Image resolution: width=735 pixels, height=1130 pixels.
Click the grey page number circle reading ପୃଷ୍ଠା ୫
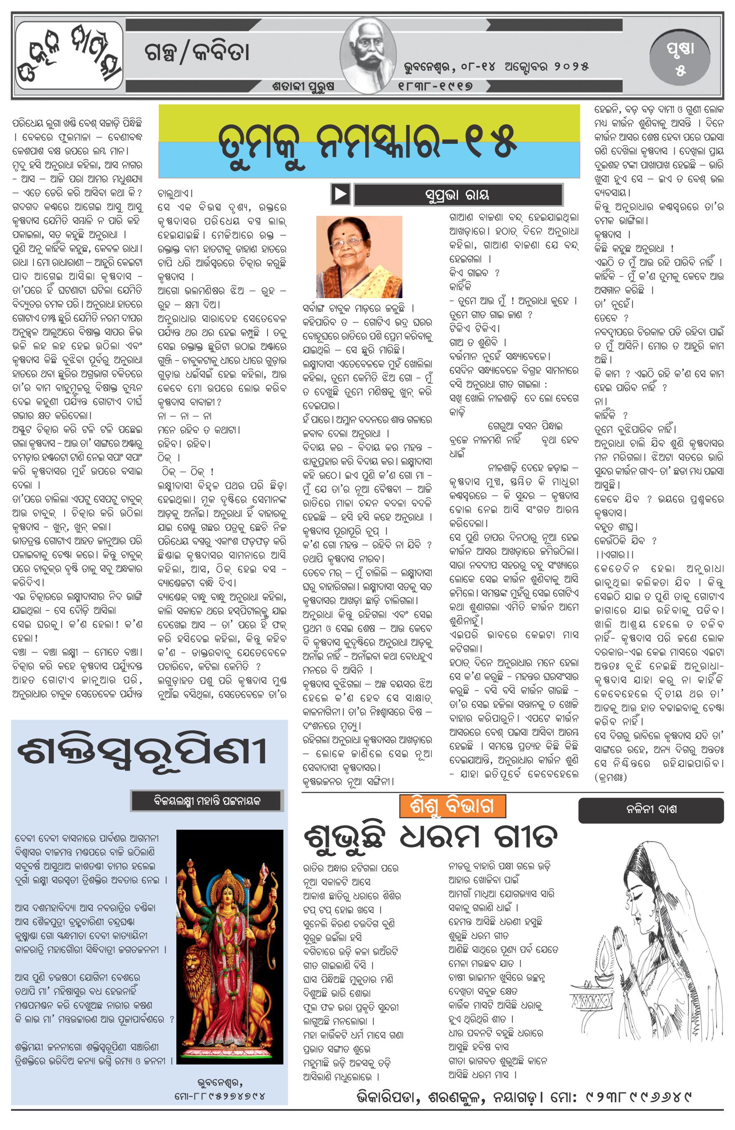[681, 58]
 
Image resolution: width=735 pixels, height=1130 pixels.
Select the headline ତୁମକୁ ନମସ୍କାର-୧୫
[368, 141]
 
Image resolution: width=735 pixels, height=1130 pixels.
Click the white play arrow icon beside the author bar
[341, 194]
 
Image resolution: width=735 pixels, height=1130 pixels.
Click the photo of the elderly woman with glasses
[359, 257]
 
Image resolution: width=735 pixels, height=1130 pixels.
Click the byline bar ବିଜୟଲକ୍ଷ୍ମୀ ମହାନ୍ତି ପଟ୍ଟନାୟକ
[207, 801]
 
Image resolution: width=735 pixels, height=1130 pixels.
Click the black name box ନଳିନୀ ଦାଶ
[651, 810]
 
